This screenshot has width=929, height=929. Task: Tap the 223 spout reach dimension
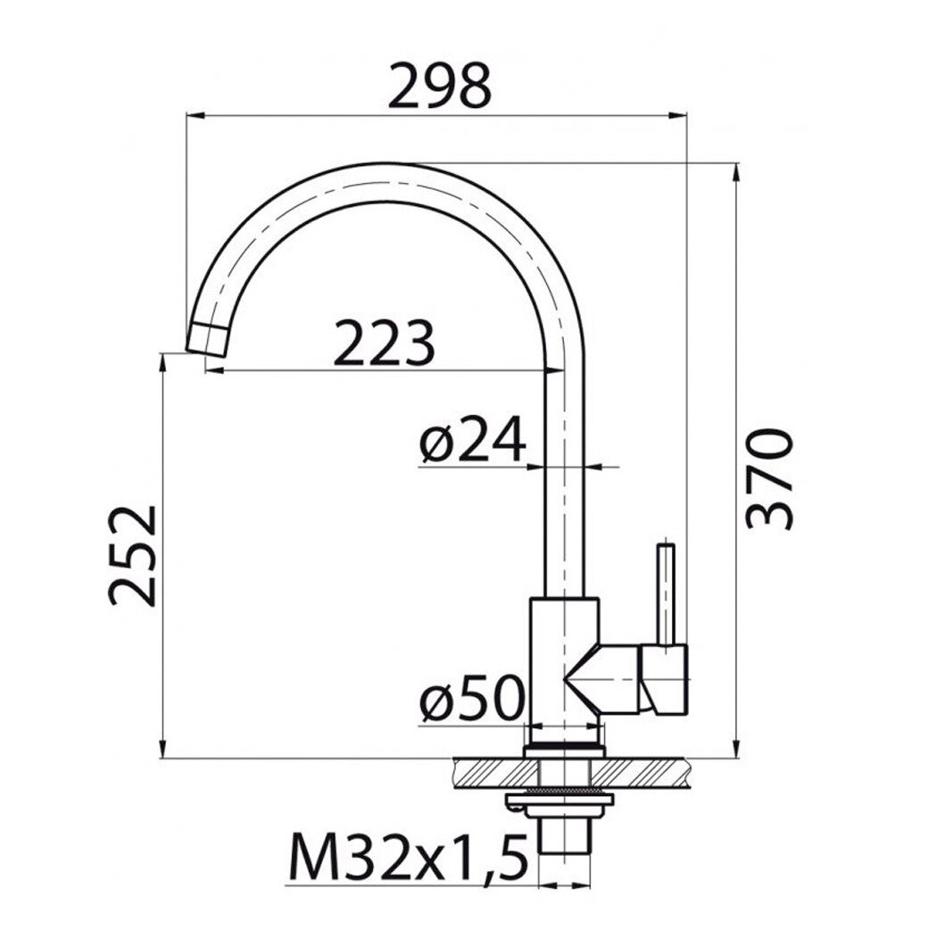(x=384, y=344)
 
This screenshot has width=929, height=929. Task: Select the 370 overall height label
(x=768, y=478)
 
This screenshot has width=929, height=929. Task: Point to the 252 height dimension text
(x=132, y=556)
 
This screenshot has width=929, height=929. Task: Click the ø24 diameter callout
(x=473, y=439)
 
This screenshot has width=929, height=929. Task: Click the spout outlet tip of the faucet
(x=206, y=339)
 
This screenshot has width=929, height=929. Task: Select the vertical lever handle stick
(x=667, y=593)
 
